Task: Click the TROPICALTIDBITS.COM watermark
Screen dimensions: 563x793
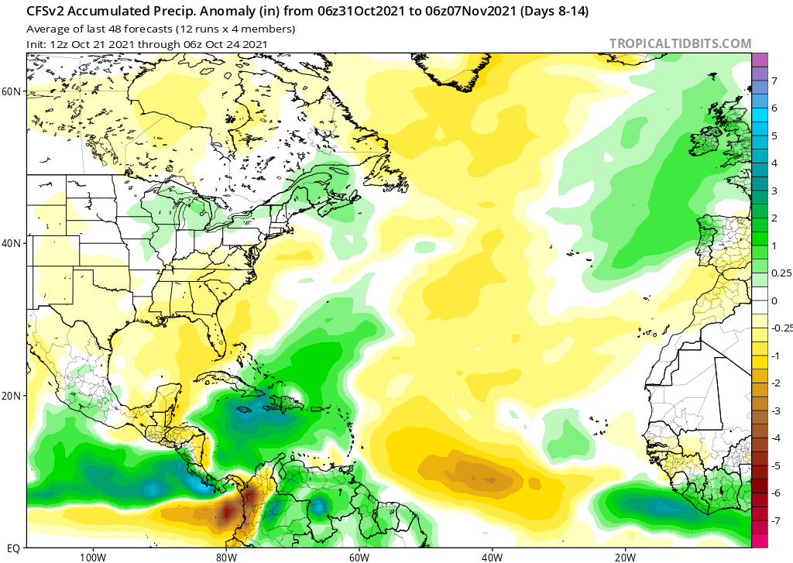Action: pos(680,43)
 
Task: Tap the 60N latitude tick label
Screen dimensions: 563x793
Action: pos(12,91)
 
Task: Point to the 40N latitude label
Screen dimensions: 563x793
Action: pos(12,243)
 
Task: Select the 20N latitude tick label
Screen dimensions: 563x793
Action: pos(12,396)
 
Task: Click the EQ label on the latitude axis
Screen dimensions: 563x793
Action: pos(14,547)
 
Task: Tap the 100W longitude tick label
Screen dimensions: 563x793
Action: pos(92,556)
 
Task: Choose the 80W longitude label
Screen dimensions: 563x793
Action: pos(225,556)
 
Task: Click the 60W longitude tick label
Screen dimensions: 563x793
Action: pos(359,556)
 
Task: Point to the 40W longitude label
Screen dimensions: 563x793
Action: pos(492,556)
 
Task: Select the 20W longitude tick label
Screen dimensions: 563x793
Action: pos(625,556)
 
